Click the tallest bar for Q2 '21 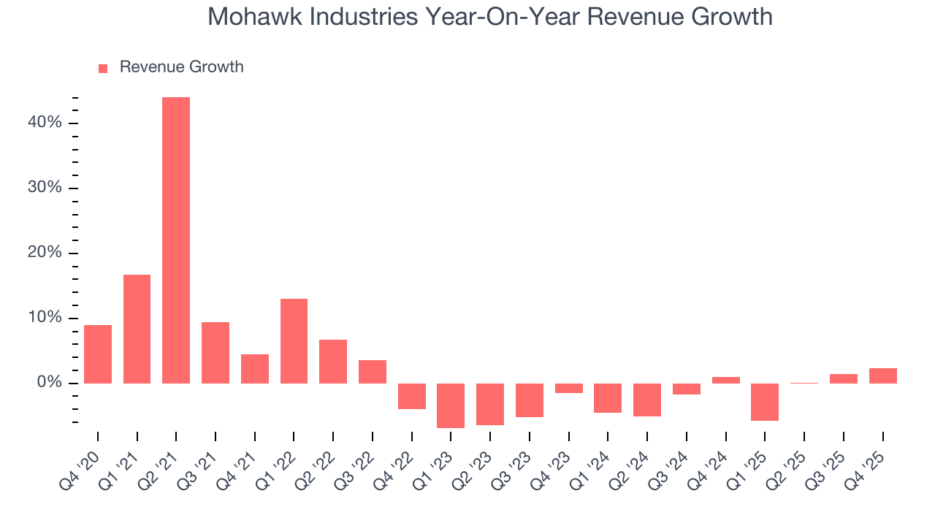(x=176, y=240)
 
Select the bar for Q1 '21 (x=137, y=329)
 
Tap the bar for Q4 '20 (x=98, y=354)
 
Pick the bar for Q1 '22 (x=294, y=341)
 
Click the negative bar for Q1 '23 (x=451, y=405)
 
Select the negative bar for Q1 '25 (x=765, y=402)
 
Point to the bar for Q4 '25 (x=882, y=376)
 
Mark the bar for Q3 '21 (x=215, y=353)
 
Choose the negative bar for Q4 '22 (x=411, y=396)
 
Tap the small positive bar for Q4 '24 (x=725, y=380)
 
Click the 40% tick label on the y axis (x=45, y=123)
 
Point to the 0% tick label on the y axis (x=48, y=384)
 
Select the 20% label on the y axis (x=45, y=254)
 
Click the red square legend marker (x=103, y=68)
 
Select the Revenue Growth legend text (x=181, y=67)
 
